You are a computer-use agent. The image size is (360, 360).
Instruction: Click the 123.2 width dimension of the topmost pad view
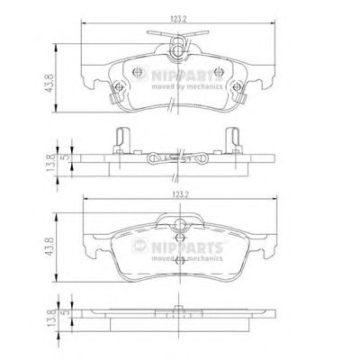point(179,19)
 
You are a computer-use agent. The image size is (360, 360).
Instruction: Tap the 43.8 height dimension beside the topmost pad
point(49,83)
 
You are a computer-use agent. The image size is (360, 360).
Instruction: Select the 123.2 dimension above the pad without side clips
point(180,194)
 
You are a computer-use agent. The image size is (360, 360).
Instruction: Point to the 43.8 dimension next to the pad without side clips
point(49,247)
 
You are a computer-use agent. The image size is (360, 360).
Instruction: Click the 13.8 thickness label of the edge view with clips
point(50,162)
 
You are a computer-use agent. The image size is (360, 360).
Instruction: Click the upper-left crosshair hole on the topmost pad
point(137,72)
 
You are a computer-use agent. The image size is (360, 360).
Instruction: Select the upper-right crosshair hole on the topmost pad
point(218,72)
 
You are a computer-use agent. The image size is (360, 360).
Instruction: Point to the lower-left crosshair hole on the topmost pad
point(119,87)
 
